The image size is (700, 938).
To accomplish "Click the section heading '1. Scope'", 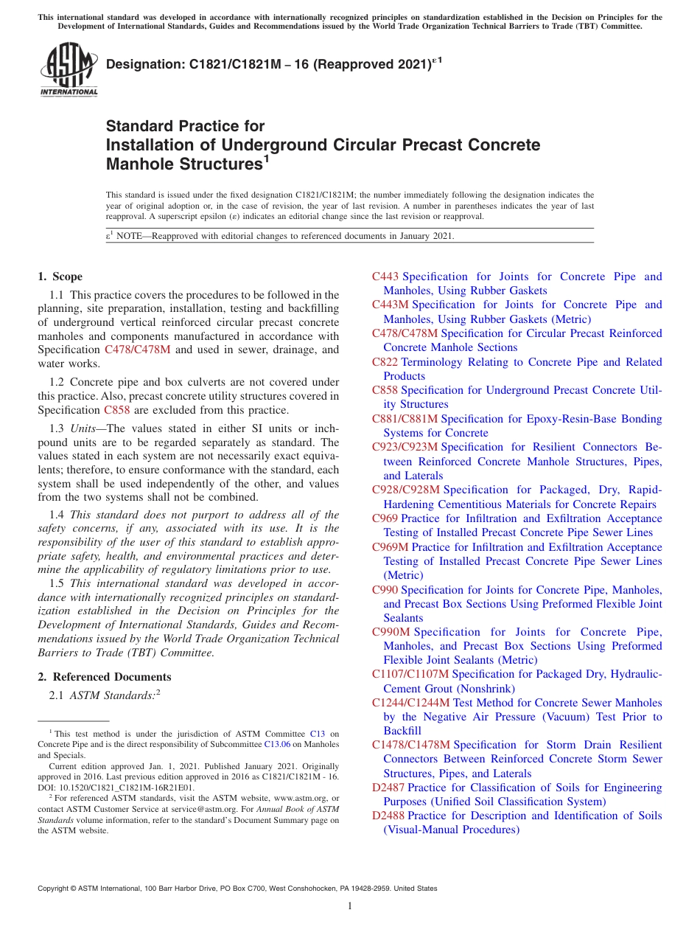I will point(60,277).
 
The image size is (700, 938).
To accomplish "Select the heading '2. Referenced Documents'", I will point(104,677).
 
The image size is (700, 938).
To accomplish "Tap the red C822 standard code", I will point(385,362).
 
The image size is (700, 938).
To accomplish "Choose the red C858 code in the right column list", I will point(385,390).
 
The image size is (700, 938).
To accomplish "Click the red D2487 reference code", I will point(388,788).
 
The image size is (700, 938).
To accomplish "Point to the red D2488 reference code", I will point(388,816).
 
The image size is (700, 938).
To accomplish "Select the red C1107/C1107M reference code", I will point(410,674).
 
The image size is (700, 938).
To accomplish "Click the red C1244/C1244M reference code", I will point(410,703).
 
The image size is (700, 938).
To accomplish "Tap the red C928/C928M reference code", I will point(405,490).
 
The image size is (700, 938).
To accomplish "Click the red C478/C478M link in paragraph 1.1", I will point(137,350).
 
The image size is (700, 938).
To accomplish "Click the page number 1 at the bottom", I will point(350,906).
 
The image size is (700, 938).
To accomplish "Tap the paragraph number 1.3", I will point(57,428).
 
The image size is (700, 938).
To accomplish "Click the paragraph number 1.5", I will point(57,583).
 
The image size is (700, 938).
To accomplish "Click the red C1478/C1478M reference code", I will point(410,745).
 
